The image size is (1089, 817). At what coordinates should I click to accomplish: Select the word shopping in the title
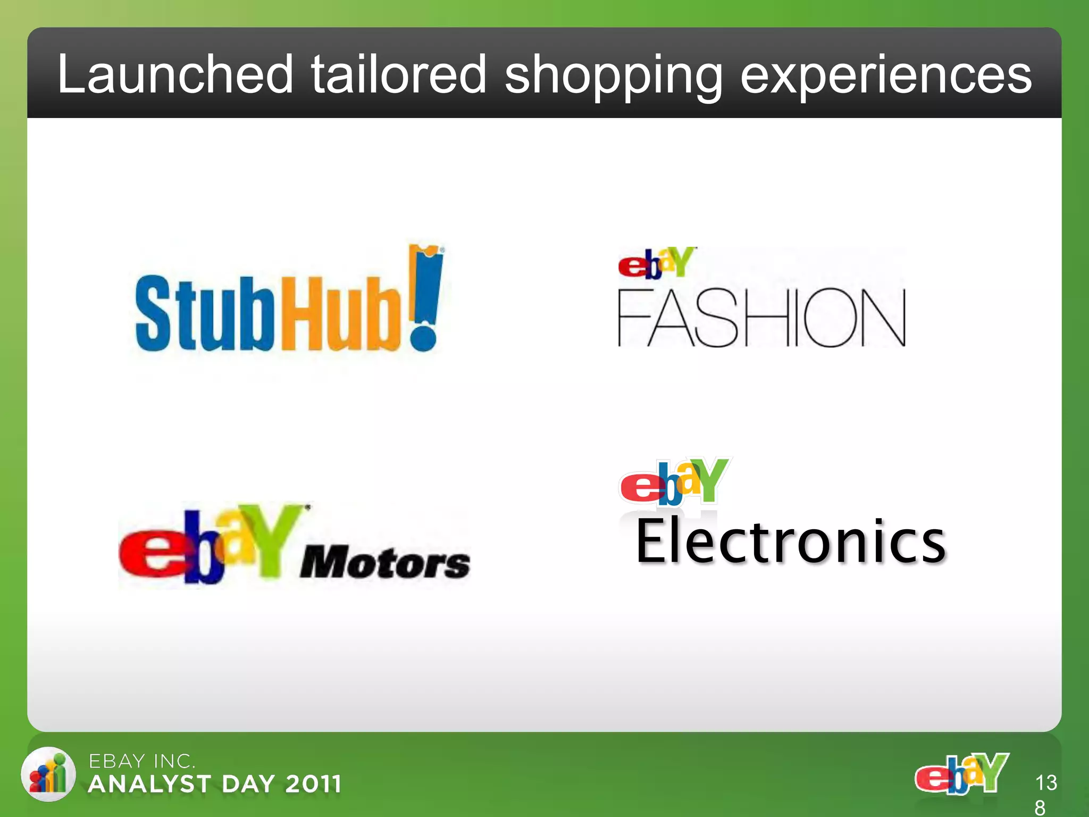point(613,76)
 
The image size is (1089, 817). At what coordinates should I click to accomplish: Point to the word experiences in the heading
point(886,76)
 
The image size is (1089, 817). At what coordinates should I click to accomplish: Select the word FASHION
point(761,318)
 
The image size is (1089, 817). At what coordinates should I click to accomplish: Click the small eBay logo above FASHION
point(657,263)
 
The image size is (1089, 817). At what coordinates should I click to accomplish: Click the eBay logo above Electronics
point(674,481)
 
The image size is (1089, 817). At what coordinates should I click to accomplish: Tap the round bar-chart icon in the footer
point(48,774)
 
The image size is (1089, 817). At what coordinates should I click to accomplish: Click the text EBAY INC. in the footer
point(142,761)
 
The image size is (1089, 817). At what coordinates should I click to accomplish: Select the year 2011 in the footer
point(313,784)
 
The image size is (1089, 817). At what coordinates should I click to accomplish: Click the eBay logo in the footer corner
point(961,773)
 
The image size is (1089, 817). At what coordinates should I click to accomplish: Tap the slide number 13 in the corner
point(1046,782)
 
